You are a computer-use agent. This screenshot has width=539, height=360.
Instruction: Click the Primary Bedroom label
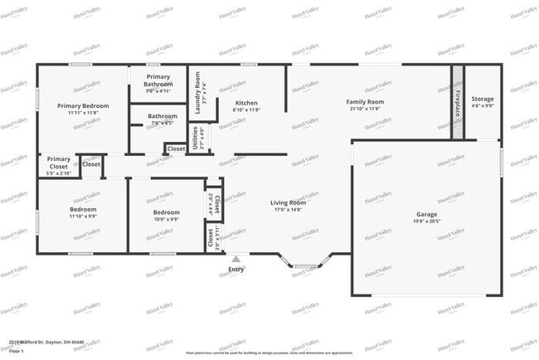pos(83,106)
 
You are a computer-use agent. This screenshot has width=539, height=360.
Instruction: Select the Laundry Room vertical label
pos(198,92)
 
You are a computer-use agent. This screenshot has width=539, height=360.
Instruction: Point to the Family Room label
pos(364,102)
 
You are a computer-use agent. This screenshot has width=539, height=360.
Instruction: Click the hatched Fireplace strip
pos(456,103)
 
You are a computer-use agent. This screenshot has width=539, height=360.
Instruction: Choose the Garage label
pos(426,214)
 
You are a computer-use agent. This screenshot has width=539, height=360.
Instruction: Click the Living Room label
pos(288,202)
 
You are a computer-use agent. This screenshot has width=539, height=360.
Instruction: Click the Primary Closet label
pos(58,159)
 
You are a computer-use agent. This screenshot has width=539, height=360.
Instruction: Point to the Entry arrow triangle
pos(236,260)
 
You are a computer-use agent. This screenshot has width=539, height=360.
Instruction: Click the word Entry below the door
pos(236,269)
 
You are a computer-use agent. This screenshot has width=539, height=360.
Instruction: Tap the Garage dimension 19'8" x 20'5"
pos(426,222)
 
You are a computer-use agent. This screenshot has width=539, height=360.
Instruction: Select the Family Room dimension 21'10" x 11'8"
pos(364,109)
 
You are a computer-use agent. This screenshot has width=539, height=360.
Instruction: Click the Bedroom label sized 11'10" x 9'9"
pos(83,210)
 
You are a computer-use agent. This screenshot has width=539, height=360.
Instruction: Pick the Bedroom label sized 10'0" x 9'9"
pos(166,212)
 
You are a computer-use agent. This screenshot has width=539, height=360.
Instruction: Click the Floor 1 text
pos(17,351)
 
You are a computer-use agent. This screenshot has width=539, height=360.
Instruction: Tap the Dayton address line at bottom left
pos(51,341)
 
